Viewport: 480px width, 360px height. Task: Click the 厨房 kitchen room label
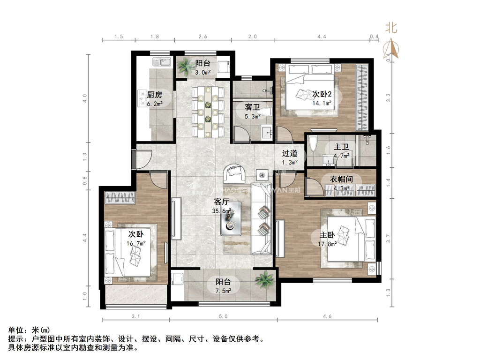point(150,94)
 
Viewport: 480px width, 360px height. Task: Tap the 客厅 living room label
point(221,202)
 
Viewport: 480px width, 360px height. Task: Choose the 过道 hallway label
point(290,153)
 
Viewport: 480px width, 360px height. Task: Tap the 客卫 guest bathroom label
point(253,107)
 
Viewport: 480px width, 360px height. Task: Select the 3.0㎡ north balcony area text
point(202,73)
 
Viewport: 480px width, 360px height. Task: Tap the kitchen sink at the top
point(161,61)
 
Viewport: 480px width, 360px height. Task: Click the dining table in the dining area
point(206,111)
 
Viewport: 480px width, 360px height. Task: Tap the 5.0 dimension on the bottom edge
point(223,317)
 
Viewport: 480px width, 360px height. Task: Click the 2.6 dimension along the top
point(203,36)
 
